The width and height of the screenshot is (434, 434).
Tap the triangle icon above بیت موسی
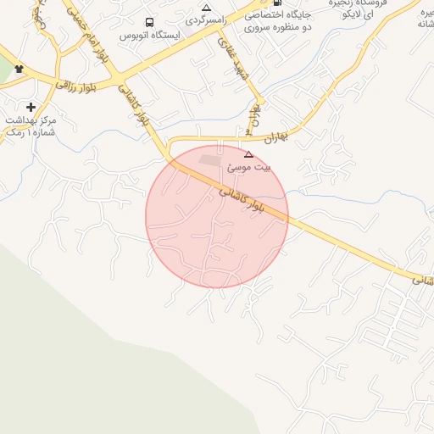pyautogui.click(x=248, y=154)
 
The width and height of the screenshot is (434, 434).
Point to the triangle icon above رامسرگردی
pyautogui.click(x=206, y=7)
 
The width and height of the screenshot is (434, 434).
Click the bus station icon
pyautogui.click(x=149, y=23)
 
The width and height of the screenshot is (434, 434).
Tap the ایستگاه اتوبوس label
pyautogui.click(x=147, y=36)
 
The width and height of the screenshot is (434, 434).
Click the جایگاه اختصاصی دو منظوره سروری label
pyautogui.click(x=278, y=21)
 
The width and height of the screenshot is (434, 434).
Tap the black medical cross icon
pyautogui.click(x=31, y=107)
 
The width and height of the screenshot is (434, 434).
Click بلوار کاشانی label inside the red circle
pyautogui.click(x=240, y=198)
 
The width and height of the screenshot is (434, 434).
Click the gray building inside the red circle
pyautogui.click(x=209, y=159)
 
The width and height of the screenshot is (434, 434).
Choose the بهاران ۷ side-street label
pyautogui.click(x=252, y=119)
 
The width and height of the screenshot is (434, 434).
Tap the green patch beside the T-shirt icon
pyautogui.click(x=5, y=73)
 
